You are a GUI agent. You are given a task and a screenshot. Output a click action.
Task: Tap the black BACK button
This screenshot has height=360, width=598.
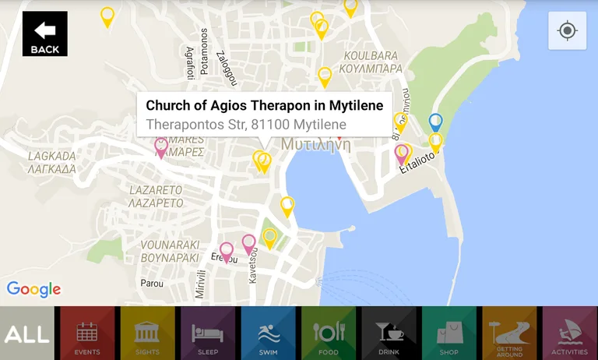[x=44, y=34]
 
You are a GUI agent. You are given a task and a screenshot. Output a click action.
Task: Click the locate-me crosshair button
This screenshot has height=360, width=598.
[x=567, y=31]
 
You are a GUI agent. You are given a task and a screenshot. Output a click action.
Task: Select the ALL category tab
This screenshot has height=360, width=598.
[x=27, y=334]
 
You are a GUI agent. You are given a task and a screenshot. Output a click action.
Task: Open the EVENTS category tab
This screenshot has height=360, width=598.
[x=87, y=334]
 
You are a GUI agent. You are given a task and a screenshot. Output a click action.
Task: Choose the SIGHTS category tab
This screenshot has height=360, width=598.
[x=147, y=334]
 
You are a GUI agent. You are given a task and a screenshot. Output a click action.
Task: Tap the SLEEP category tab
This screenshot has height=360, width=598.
[x=208, y=334]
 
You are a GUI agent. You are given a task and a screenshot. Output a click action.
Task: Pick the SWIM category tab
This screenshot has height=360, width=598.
[x=268, y=334]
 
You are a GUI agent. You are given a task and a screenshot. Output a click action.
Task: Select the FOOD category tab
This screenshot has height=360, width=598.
[x=328, y=334]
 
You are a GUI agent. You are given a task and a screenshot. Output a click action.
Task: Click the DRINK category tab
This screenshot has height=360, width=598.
[x=389, y=334]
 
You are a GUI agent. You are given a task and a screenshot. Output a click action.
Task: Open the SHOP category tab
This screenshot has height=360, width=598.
[x=448, y=334]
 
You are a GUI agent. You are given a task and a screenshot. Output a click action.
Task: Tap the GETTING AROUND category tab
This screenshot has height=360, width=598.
[x=509, y=334]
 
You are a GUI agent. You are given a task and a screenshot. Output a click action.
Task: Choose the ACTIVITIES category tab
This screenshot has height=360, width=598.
[x=569, y=334]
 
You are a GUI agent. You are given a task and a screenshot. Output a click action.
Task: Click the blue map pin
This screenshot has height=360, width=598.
[x=436, y=122]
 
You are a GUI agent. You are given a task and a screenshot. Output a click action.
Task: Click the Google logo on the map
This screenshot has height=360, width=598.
[x=34, y=289]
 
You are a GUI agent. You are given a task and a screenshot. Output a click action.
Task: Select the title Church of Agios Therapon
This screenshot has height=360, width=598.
[x=264, y=106]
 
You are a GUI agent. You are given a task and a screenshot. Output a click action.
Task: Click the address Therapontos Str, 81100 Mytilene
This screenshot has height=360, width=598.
[x=246, y=125]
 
